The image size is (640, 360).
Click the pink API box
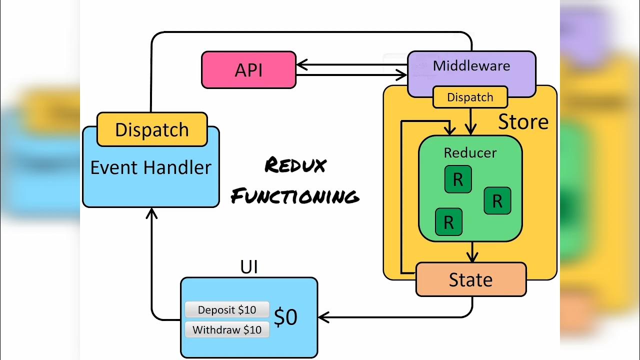248,70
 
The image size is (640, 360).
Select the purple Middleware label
471,66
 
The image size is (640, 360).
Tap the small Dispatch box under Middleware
470,97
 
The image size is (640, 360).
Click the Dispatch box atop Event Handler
152,129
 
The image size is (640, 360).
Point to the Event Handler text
150,167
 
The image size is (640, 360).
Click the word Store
523,122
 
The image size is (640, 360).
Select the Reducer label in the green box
470,152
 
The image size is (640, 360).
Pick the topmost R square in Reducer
458,179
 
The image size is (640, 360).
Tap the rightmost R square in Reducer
497,201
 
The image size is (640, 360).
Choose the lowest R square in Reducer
448,222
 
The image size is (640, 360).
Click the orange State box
470,279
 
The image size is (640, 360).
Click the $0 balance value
286,317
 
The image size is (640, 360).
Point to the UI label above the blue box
249,267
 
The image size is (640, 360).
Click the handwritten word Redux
295,165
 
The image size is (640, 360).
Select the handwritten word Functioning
295,196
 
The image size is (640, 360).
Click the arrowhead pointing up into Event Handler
151,213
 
